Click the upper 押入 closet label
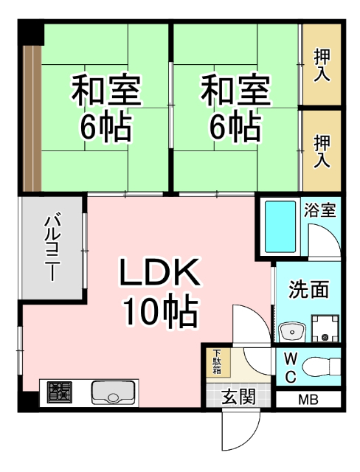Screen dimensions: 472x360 click(x=322, y=65)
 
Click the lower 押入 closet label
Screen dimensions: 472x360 click(x=322, y=151)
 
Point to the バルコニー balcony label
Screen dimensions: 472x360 click(x=51, y=248)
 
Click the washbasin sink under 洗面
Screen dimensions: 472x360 click(x=293, y=331)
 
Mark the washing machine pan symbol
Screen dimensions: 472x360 click(x=325, y=328)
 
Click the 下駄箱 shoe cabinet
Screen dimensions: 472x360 click(x=218, y=361)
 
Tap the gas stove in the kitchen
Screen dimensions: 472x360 click(x=60, y=392)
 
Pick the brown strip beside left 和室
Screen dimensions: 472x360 click(x=30, y=118)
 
